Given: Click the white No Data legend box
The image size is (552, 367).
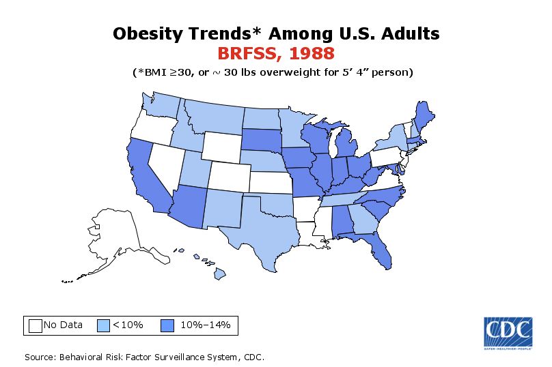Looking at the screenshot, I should (x=36, y=325).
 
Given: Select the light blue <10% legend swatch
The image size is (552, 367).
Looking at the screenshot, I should (x=104, y=325).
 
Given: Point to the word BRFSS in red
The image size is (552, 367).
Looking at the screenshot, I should (x=248, y=53).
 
